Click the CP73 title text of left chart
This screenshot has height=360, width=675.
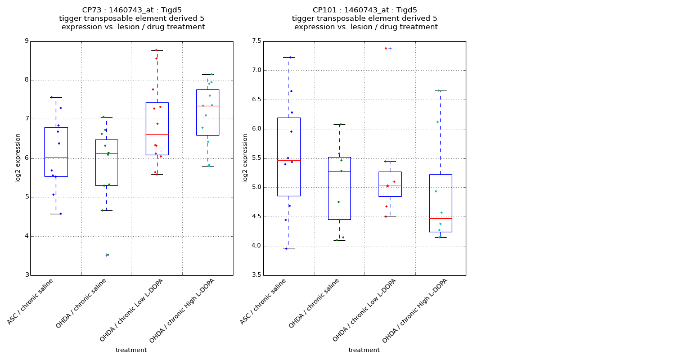[132, 10]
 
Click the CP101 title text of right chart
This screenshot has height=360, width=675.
[364, 10]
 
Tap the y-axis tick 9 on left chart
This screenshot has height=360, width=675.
[26, 41]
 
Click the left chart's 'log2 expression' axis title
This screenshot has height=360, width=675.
[18, 157]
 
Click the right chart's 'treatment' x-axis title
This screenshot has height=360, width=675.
[364, 350]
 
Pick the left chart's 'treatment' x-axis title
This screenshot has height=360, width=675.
[131, 350]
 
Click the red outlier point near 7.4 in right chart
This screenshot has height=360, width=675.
[386, 48]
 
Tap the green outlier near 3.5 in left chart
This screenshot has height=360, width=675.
[107, 255]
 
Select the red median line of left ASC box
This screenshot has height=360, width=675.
[56, 157]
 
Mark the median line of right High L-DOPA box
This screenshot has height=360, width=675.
[440, 218]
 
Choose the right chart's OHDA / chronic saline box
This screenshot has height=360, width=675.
[339, 188]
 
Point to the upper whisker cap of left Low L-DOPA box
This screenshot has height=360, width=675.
[157, 50]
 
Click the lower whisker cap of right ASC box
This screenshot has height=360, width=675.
[289, 249]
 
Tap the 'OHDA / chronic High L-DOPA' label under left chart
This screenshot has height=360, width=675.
[183, 309]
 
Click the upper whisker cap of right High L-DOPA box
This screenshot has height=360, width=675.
[440, 91]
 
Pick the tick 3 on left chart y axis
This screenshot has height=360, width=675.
[26, 275]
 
